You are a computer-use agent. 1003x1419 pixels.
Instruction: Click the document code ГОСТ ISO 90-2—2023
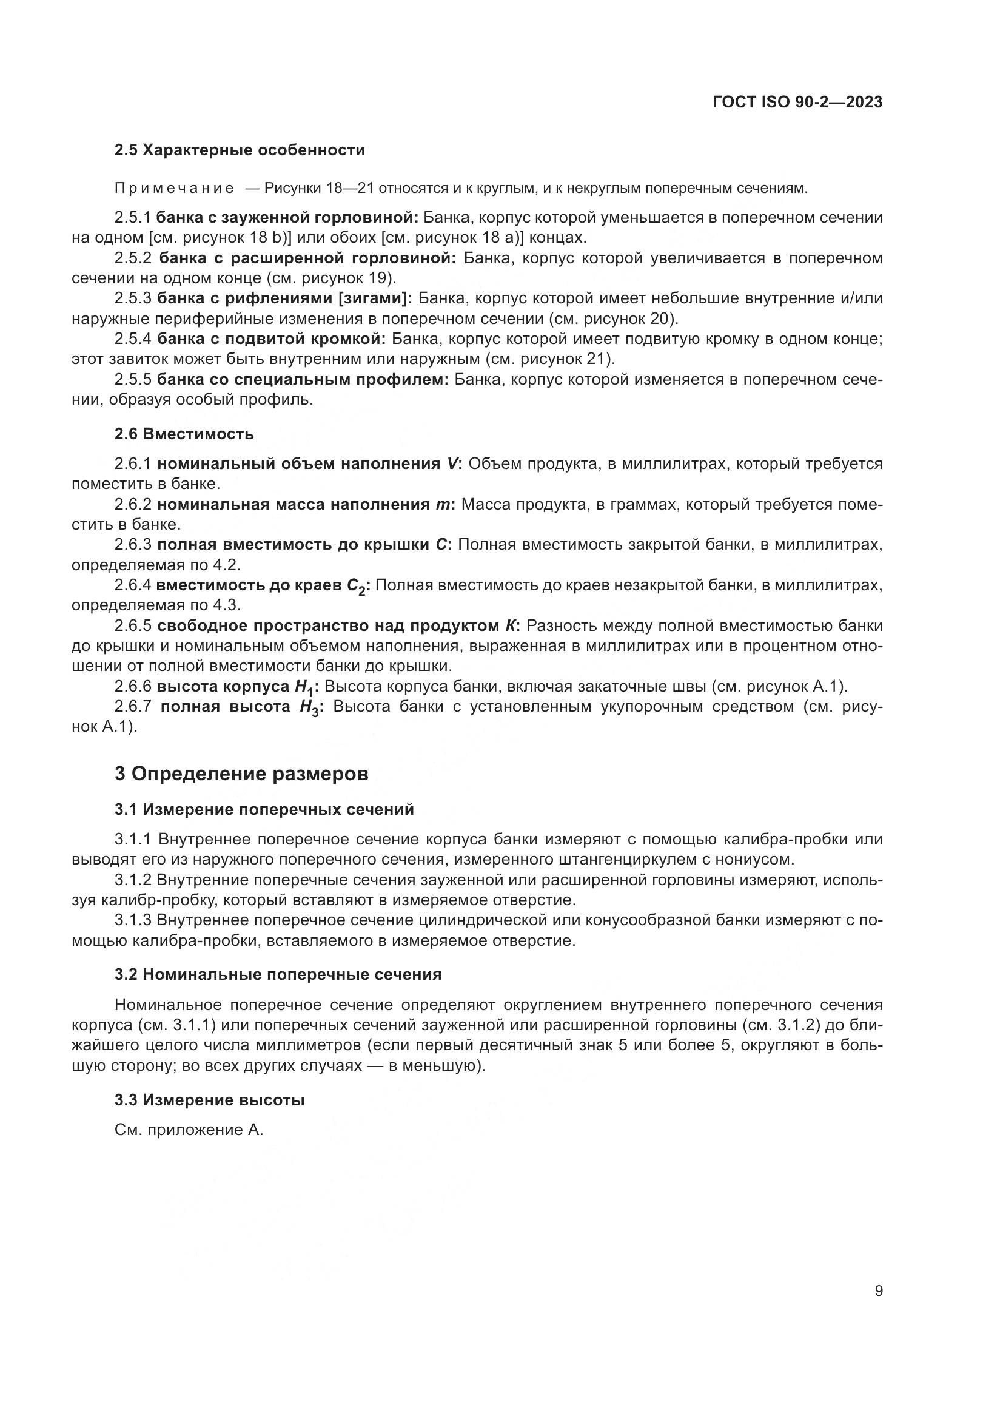tap(797, 102)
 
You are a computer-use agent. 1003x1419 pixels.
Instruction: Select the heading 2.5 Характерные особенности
tap(240, 150)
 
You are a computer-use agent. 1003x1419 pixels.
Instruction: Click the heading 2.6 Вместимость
tap(184, 434)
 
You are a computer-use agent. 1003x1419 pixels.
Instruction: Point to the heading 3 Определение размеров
tap(241, 774)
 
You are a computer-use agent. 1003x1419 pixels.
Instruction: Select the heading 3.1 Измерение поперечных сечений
tap(264, 810)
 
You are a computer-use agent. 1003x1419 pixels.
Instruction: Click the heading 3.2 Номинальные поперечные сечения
tap(278, 975)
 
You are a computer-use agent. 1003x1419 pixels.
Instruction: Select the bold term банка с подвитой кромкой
tap(271, 339)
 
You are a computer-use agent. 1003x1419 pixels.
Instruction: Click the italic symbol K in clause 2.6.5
tap(509, 626)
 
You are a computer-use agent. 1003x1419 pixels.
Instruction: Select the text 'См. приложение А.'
tap(189, 1130)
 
